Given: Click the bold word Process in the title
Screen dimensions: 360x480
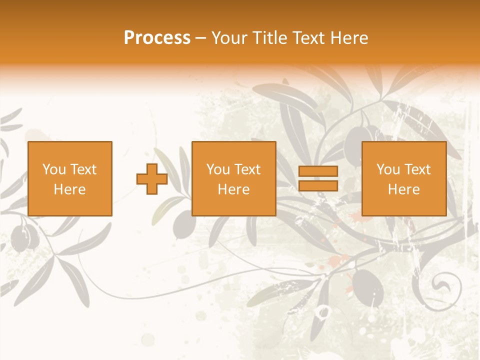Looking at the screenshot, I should point(157,38).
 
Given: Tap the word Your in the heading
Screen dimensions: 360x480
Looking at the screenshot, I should point(229,38).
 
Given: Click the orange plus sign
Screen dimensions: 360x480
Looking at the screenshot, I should point(152,179).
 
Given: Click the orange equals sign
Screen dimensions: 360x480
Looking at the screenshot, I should point(318,178).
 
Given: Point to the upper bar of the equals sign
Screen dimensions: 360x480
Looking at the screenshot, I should point(318,171).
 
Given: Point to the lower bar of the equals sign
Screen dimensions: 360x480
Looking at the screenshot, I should point(318,186).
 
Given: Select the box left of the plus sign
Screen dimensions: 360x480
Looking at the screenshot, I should point(70,178).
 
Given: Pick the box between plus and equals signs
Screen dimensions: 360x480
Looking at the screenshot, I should point(234,178).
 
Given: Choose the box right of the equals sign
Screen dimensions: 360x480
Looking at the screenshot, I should point(404,178).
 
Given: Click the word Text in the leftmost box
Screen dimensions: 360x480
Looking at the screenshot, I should point(83,169).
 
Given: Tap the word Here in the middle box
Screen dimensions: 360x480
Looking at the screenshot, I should point(234,189).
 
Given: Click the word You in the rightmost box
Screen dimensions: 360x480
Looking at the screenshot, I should point(388,169).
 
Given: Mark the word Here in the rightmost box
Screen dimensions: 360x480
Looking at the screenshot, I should point(404,189).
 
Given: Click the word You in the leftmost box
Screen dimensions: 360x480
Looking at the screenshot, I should point(53,169).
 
